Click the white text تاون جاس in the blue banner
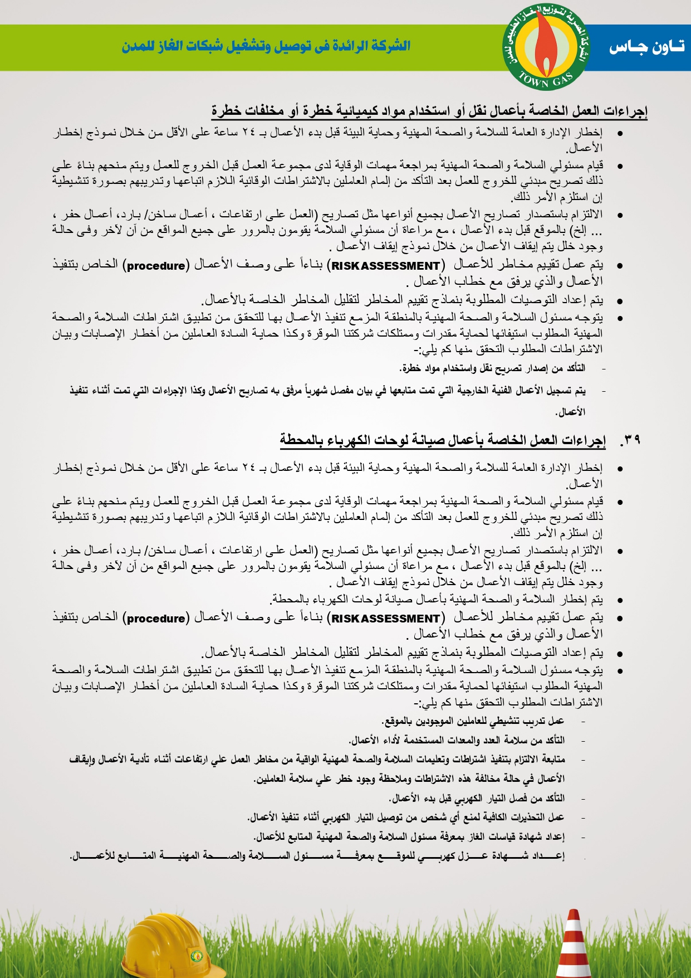[646, 47]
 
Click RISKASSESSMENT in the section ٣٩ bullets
[385, 619]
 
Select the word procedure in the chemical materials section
[156, 266]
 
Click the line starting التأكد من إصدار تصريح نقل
[492, 368]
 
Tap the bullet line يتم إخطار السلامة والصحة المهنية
[437, 600]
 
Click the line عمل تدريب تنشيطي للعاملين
[473, 722]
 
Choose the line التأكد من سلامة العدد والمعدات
[457, 741]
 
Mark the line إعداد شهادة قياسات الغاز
[409, 836]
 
